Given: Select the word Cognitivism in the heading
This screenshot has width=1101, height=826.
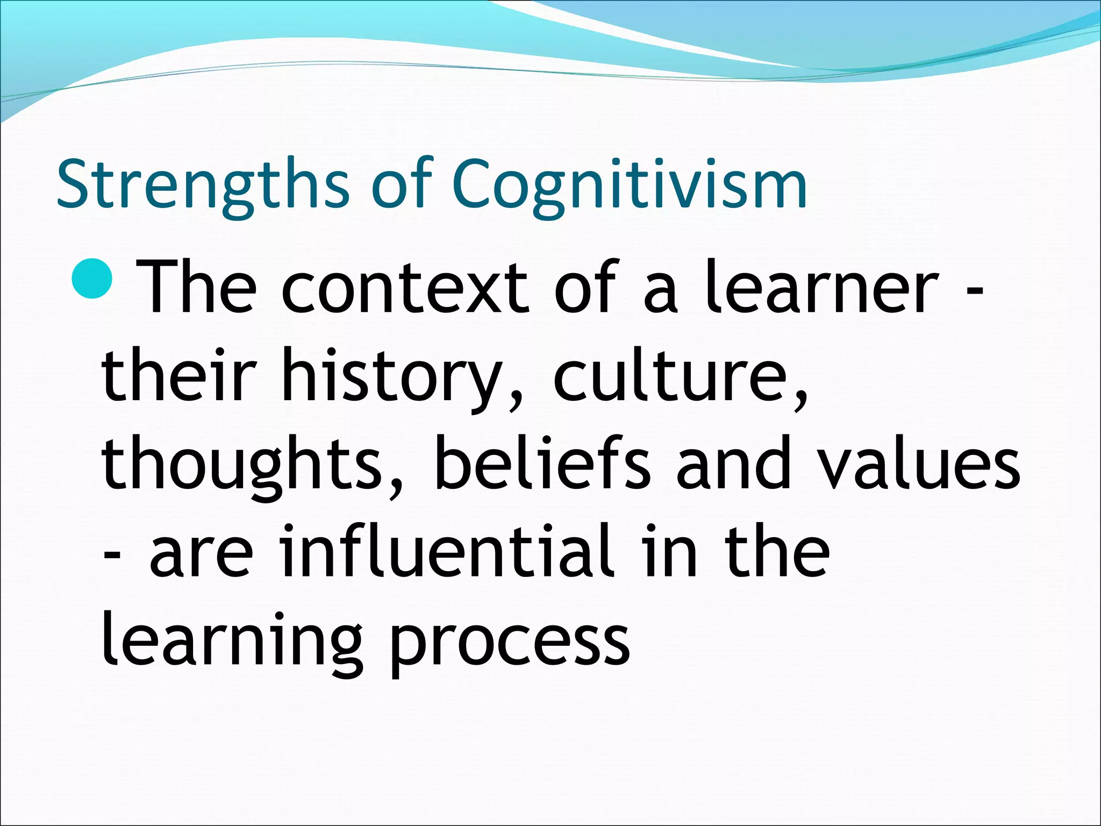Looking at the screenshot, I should [630, 186].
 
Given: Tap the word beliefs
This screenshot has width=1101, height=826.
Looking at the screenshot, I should [543, 462].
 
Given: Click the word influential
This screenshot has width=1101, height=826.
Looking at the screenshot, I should [447, 551].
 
